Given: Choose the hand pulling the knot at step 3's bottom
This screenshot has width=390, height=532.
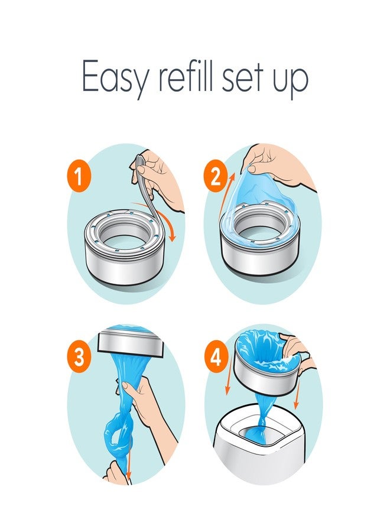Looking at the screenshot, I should tap(116, 473).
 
